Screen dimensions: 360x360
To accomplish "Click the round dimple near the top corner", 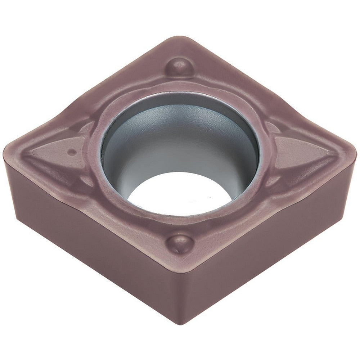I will click(x=179, y=67).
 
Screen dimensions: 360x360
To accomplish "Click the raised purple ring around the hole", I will click(x=108, y=119).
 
